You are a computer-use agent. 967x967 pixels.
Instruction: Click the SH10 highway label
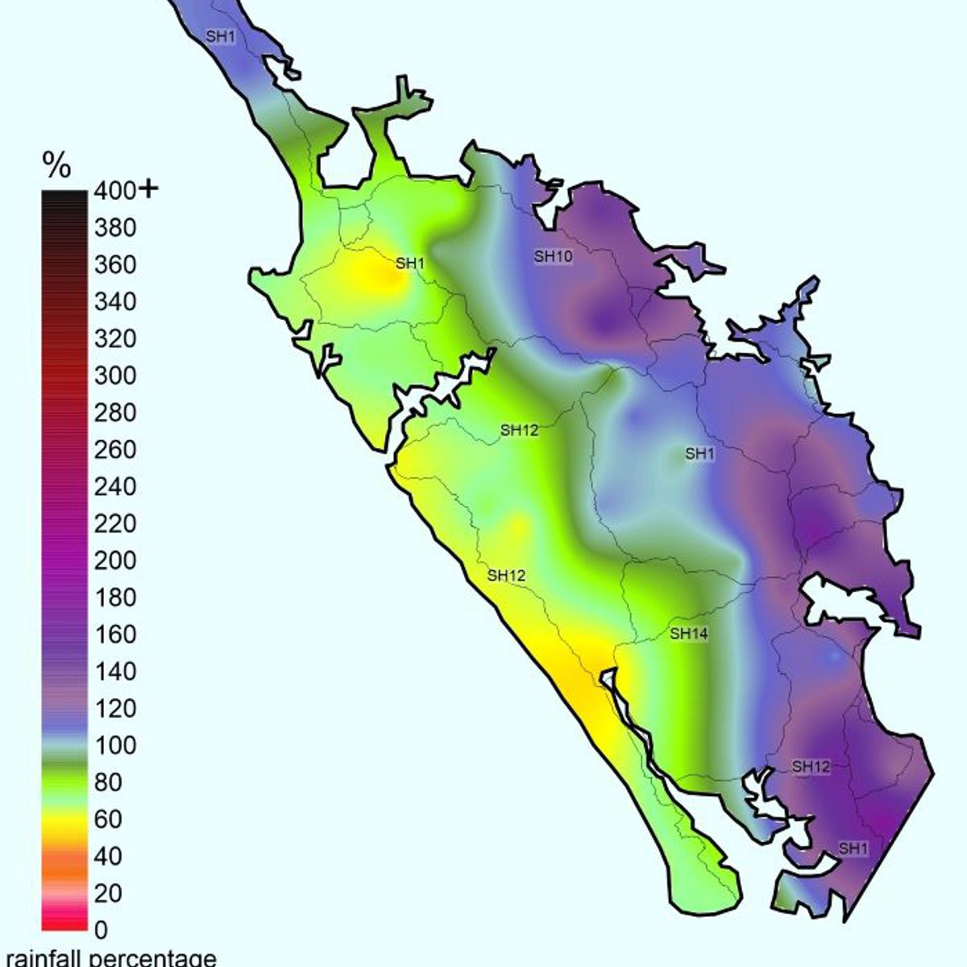coord(553,256)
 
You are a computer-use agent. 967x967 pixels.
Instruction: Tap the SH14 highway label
coord(689,633)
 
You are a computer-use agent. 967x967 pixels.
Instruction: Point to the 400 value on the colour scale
coord(115,191)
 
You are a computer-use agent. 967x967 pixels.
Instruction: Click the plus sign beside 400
coord(149,189)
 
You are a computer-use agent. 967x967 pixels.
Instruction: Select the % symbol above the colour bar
coord(56,166)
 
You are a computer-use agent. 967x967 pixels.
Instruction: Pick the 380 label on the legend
coord(115,228)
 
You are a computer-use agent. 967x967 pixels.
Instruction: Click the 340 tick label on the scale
coord(115,302)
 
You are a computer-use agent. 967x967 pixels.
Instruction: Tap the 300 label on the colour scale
coord(115,376)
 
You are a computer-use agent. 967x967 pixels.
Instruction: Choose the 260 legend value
coord(115,450)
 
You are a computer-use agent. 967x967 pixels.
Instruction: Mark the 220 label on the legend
coord(115,524)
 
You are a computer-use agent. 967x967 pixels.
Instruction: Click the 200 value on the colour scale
coord(115,560)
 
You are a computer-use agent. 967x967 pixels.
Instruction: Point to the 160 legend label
coord(115,634)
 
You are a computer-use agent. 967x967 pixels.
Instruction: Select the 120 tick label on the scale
coord(115,708)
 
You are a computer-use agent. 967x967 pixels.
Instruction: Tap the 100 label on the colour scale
coord(115,745)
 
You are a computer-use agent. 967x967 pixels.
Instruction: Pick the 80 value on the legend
coord(108,782)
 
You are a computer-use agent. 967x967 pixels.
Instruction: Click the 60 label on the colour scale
coord(108,819)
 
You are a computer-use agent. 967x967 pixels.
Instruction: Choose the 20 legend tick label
coord(108,893)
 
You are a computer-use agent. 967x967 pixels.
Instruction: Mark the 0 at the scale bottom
coord(101,930)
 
